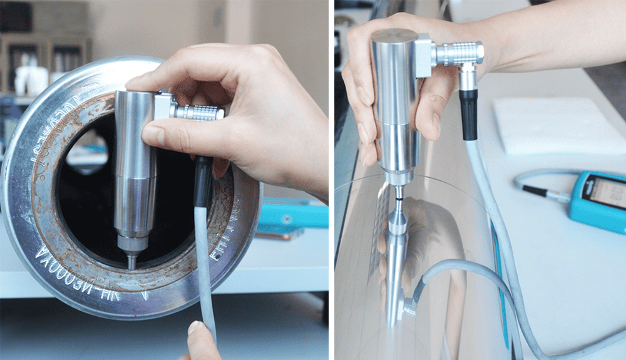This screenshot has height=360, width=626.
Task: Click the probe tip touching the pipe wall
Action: pos(132,264)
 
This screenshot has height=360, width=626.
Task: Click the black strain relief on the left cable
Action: pos(202,182)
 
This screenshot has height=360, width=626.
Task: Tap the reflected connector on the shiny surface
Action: pos(409,307)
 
